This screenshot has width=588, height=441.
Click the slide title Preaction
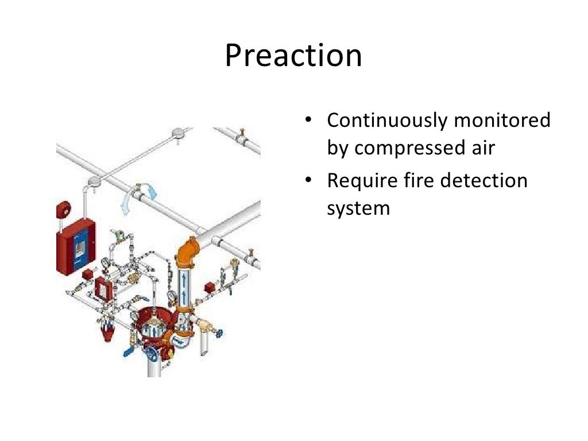click(x=293, y=56)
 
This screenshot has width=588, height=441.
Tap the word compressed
click(x=412, y=148)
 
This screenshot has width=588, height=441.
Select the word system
click(x=358, y=208)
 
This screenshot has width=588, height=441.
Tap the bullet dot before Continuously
click(x=308, y=121)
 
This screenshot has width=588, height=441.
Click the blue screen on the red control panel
click(x=79, y=247)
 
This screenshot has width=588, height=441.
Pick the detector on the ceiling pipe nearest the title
click(x=177, y=134)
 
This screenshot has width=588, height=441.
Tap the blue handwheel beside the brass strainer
click(x=219, y=332)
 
